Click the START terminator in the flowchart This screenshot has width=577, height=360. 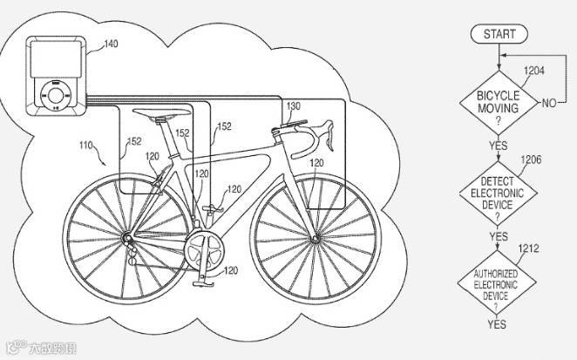496,34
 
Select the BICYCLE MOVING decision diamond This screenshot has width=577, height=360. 497,102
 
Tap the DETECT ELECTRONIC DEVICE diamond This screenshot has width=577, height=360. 498,191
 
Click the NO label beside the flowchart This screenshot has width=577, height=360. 549,104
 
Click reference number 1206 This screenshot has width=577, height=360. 533,159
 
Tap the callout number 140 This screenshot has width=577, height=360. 112,44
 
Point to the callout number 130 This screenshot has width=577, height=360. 294,104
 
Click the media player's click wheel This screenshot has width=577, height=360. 57,92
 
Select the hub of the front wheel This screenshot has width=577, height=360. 316,235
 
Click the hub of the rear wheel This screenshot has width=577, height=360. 128,236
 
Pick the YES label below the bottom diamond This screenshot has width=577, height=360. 498,325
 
